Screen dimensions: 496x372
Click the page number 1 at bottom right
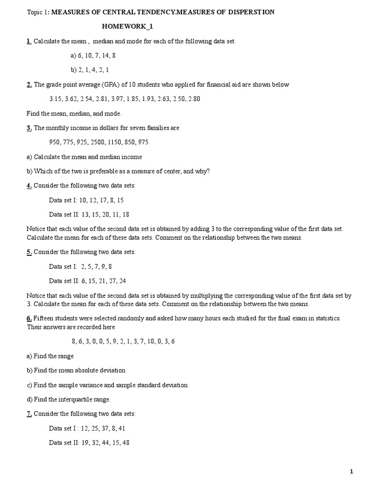point(352,471)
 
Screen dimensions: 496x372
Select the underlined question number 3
point(29,128)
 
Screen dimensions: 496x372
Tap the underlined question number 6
point(29,318)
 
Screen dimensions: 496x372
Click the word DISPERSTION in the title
point(251,12)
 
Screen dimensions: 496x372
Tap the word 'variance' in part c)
point(91,385)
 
